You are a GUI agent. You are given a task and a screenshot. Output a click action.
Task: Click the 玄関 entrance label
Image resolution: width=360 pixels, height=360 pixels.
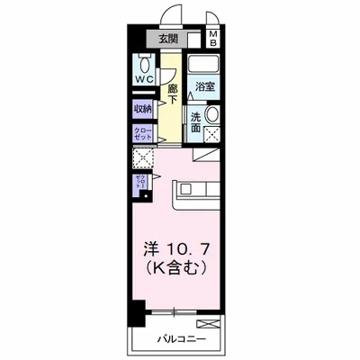coord(168,39)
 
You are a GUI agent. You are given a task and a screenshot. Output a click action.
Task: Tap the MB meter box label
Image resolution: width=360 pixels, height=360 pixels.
coord(214,39)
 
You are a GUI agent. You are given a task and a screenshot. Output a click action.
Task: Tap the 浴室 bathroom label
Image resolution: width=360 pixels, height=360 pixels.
coord(204,87)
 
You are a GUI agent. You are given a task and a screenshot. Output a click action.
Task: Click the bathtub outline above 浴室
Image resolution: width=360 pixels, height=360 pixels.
coord(204,65)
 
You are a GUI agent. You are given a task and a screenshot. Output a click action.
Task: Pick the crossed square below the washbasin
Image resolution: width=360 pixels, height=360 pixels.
coord(213,135)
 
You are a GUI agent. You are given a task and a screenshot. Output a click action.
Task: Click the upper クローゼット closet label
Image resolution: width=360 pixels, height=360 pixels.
coord(143,133)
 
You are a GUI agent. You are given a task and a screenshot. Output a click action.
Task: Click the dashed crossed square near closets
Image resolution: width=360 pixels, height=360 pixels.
coord(143,158)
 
